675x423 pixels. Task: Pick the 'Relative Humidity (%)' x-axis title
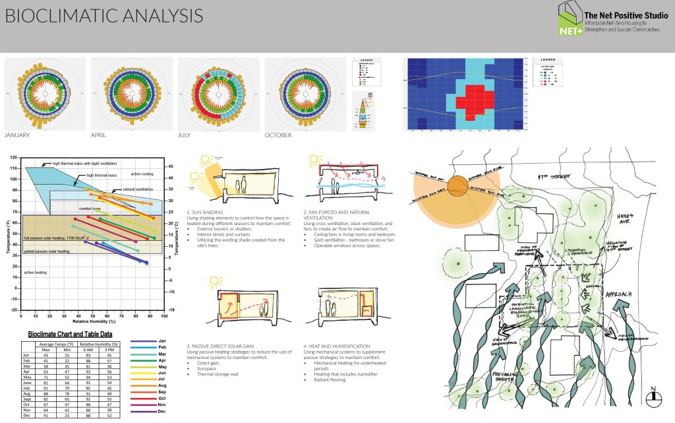point(94,321)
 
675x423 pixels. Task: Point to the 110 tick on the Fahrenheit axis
point(15,168)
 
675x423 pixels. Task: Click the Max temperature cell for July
point(47,388)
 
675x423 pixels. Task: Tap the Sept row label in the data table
point(28,399)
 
